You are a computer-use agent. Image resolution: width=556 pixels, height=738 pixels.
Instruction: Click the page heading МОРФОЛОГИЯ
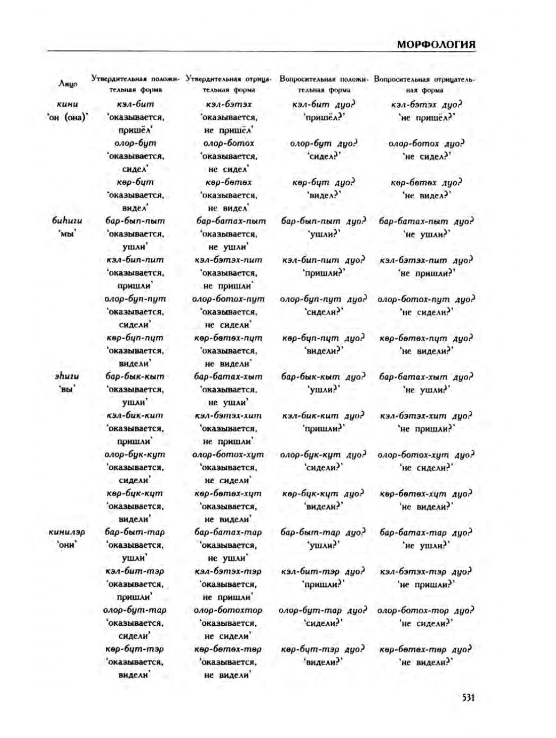pos(436,44)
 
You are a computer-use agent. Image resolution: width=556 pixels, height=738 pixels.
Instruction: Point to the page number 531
pos(468,697)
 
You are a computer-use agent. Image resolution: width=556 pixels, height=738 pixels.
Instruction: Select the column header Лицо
pos(68,84)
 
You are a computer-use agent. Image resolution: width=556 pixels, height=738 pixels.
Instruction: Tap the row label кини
pos(68,104)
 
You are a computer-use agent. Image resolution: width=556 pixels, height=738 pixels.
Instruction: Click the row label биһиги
pos(67,220)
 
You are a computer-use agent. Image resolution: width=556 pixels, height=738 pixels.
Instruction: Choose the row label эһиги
pos(67,376)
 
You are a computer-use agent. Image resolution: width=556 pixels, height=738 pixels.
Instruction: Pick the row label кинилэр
pos(67,532)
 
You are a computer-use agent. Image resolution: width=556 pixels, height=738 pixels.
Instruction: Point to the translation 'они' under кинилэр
pos(67,545)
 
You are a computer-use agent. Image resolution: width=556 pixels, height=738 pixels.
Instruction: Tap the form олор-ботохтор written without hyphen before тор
pos(228,610)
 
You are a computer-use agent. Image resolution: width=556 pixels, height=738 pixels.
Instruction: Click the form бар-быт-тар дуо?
pos(323,532)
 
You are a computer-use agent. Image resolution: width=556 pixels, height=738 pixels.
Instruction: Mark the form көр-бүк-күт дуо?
pos(323,493)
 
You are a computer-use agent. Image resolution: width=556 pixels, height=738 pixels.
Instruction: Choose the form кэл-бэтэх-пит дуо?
pos(425,260)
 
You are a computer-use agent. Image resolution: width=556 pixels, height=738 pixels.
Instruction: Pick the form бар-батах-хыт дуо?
pos(425,377)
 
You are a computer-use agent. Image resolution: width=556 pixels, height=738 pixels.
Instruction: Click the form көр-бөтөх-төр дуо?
pos(425,649)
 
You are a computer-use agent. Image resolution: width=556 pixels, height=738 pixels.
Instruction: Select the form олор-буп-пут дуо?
pos(323,299)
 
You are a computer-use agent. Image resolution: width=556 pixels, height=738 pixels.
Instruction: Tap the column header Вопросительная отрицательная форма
pos(424,85)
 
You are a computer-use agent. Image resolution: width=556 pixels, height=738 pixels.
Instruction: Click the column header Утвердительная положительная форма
pos(135,84)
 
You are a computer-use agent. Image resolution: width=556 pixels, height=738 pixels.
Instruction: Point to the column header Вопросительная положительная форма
pos(324,84)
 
